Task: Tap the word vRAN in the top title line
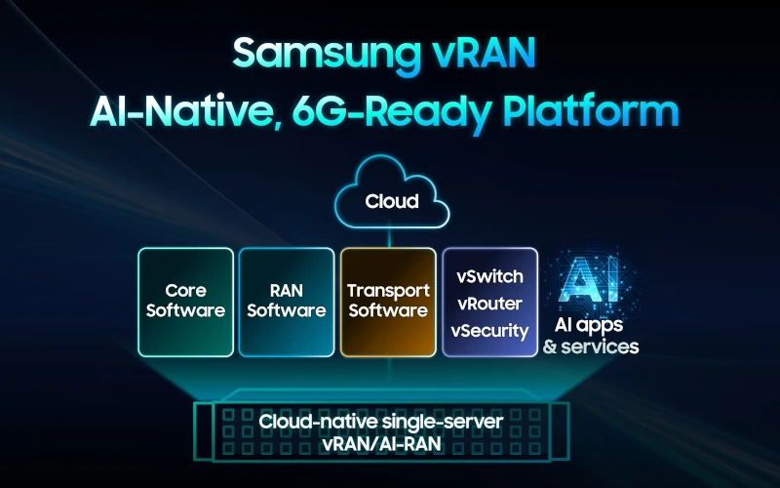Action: point(483,53)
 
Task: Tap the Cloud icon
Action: point(392,192)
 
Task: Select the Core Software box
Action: point(185,302)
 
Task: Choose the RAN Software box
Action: point(287,302)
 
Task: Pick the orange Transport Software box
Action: point(388,302)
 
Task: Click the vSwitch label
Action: point(490,276)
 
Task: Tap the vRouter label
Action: point(490,304)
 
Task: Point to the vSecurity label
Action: point(490,331)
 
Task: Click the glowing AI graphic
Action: point(589,279)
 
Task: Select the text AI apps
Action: point(589,326)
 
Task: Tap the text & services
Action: point(591,346)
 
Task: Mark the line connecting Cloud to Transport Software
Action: point(389,238)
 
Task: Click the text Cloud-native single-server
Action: point(381,423)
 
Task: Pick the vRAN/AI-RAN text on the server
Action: point(381,444)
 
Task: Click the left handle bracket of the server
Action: point(203,431)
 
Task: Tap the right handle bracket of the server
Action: point(560,431)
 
